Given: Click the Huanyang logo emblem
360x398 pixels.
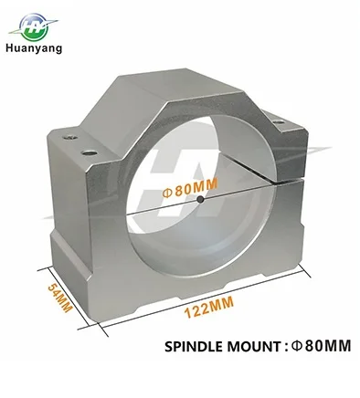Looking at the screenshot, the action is (33, 26).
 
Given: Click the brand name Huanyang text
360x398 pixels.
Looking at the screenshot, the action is (34, 48).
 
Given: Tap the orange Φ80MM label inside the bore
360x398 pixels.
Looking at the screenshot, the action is (191, 188).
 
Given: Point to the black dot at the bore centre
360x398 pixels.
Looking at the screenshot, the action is (200, 200).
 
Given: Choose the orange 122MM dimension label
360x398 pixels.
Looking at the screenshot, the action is (210, 307).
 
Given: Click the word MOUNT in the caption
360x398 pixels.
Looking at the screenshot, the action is (253, 346).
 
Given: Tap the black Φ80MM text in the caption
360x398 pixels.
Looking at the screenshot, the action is (321, 346).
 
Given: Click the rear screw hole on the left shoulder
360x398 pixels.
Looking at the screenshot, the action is (69, 138).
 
